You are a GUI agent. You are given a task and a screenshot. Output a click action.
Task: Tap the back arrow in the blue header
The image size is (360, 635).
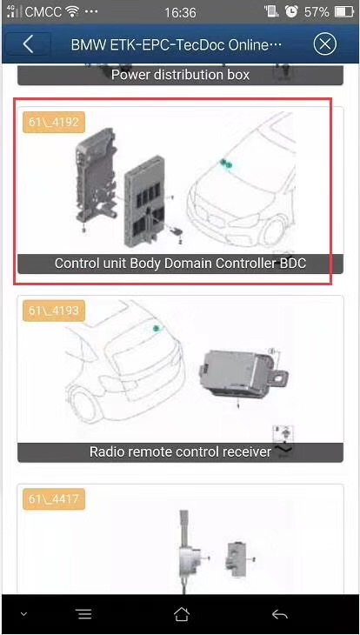tap(28, 44)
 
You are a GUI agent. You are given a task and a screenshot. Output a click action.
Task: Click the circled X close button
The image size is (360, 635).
tap(324, 43)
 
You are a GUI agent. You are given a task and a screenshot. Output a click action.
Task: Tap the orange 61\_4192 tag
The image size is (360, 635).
tap(53, 122)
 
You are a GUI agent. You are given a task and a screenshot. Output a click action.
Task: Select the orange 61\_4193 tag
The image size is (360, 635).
tap(53, 311)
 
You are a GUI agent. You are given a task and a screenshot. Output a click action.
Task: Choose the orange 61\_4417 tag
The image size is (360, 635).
tap(53, 498)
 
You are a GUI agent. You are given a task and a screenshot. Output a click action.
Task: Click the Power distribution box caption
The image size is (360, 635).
tap(180, 75)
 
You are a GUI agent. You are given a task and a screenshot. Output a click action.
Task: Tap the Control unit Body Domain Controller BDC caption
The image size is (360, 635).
tap(180, 264)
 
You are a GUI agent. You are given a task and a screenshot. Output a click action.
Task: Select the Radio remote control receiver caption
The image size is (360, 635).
tap(180, 451)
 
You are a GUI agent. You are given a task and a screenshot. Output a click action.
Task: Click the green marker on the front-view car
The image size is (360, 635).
tap(225, 164)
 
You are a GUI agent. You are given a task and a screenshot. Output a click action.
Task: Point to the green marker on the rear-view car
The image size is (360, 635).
tap(157, 330)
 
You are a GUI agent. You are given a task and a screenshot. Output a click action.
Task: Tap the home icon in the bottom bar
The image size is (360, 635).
tap(181, 614)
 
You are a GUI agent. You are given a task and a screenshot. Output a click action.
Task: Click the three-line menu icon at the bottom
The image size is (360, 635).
tap(84, 614)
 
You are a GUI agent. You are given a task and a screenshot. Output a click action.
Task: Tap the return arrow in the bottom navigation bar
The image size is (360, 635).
tap(279, 614)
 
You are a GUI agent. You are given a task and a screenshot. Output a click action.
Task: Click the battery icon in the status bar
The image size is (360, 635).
tap(344, 12)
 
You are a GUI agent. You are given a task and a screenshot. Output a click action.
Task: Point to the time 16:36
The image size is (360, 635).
tap(180, 12)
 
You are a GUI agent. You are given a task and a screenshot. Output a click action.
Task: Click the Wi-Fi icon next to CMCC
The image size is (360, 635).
tap(73, 12)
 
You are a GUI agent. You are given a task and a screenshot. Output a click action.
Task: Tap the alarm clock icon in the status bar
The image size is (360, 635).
tap(291, 12)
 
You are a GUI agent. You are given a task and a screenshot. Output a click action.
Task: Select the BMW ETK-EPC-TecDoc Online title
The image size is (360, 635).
tap(177, 44)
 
